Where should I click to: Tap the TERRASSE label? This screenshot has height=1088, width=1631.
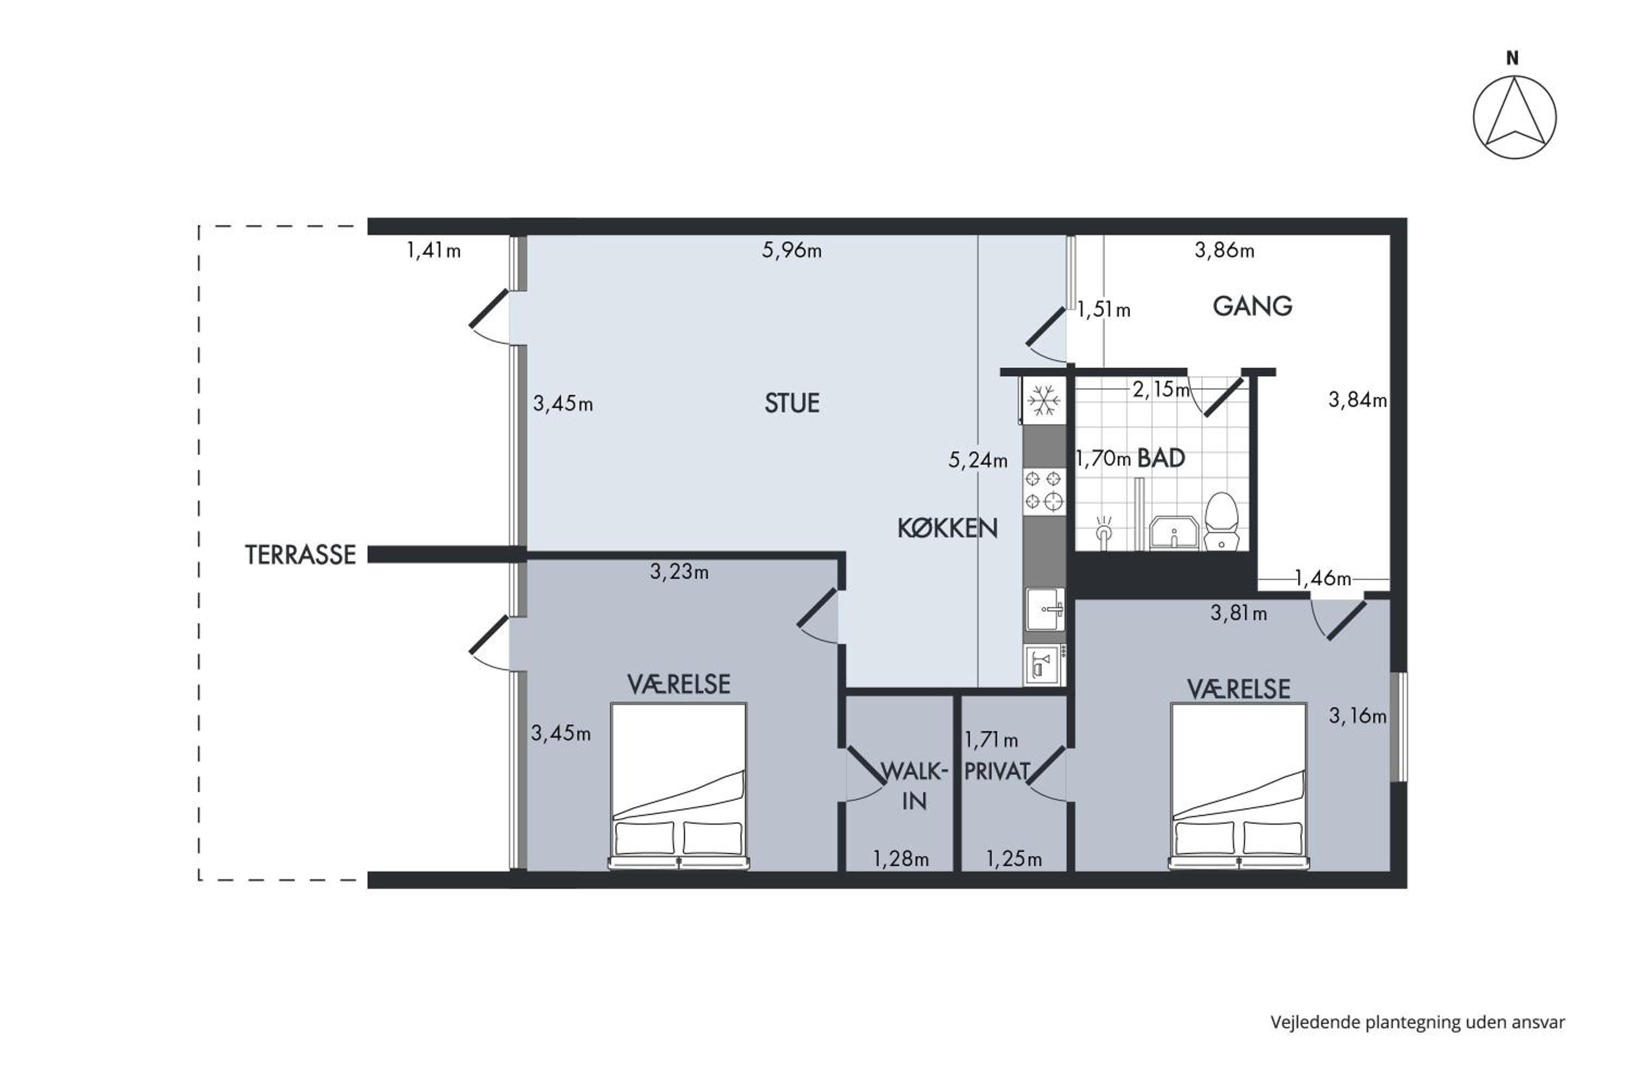point(300,554)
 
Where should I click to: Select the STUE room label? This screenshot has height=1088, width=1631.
point(792,403)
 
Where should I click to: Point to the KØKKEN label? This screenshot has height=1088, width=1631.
point(947,529)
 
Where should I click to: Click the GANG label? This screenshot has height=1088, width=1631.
point(1253,306)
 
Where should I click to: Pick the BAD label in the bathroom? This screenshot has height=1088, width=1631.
point(1161,458)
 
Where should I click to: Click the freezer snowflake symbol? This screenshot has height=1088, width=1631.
point(1044,401)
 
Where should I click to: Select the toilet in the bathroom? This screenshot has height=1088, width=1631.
point(1221,522)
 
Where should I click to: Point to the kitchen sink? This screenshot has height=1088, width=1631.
point(1045,609)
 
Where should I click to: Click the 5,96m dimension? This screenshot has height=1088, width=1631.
point(792,250)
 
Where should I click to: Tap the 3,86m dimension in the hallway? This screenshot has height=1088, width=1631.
point(1225,250)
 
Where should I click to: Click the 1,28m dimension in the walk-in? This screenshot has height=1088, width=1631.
point(901,859)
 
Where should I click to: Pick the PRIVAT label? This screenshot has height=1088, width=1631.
point(997,771)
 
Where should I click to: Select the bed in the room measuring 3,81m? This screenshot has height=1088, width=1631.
point(1238,786)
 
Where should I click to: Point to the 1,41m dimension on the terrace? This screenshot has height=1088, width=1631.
point(433,250)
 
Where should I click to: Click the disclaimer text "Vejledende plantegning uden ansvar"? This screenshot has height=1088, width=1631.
point(1418,1022)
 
